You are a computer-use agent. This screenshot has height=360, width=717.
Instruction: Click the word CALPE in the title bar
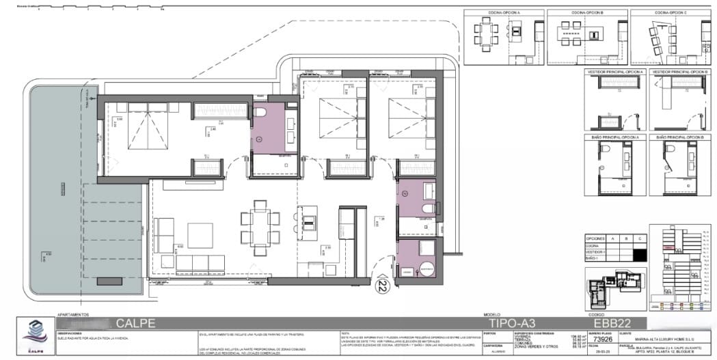[135, 323]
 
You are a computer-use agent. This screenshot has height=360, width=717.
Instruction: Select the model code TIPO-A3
[512, 323]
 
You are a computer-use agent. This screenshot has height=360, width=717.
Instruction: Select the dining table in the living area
[260, 223]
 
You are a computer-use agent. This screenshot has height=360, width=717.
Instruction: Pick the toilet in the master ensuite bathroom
[260, 113]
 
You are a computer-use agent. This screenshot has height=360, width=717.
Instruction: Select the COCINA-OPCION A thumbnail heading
[504, 13]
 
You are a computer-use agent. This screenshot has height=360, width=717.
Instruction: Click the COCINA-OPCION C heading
[670, 13]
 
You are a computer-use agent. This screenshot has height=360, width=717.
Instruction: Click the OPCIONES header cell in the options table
[597, 238]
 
